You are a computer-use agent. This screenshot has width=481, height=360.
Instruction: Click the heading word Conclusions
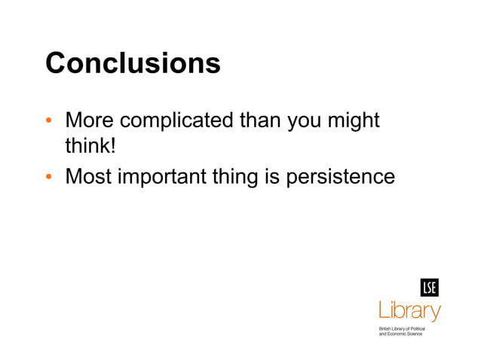pos(133,63)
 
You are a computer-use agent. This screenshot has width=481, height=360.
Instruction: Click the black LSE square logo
pos(429,288)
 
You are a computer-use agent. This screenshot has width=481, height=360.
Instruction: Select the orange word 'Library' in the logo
pos(409,310)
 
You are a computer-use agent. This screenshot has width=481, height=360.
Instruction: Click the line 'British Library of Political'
pos(402,328)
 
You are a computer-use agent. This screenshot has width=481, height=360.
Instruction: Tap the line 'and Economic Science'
pos(400,334)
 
